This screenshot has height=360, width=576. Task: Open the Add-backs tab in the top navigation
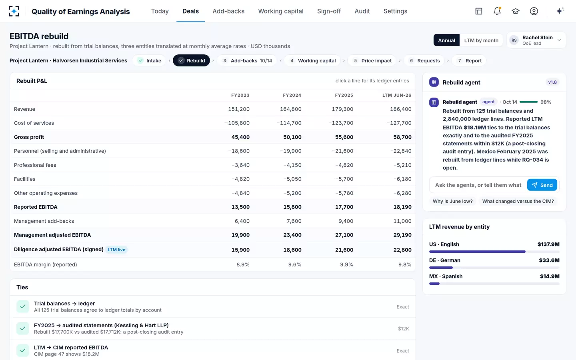(x=228, y=11)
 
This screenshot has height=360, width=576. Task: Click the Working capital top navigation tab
(x=281, y=11)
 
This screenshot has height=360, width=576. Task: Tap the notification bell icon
(x=497, y=11)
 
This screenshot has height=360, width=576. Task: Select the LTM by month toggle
(x=481, y=40)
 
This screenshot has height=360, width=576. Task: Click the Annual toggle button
(x=446, y=40)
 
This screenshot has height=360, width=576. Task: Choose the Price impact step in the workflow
(x=372, y=61)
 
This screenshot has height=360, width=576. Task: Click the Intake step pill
(x=150, y=61)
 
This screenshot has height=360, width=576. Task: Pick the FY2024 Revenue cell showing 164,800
(x=290, y=109)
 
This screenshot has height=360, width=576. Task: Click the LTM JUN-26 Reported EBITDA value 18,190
(x=402, y=207)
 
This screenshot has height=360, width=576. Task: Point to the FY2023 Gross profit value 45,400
(x=240, y=137)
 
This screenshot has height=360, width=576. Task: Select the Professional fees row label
(x=35, y=165)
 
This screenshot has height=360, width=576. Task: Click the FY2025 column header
(x=344, y=95)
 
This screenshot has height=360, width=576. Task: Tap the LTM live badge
(x=116, y=250)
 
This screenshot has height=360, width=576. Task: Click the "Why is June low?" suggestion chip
(x=452, y=201)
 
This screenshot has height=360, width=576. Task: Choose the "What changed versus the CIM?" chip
(x=518, y=201)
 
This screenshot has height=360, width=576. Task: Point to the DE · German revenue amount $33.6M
(x=549, y=260)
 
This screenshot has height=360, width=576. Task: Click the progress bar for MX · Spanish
(x=494, y=284)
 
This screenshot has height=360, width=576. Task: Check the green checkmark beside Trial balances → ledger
(x=23, y=306)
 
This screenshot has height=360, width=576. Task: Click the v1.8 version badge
(x=552, y=82)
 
